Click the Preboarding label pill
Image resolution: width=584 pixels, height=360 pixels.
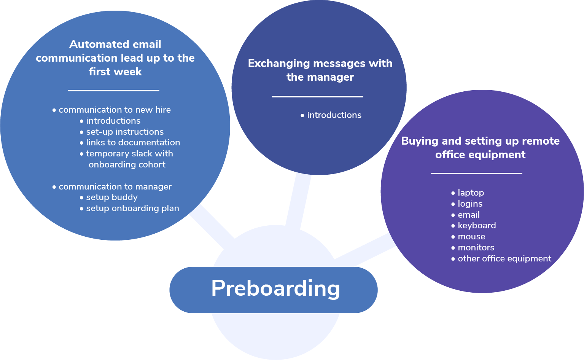(273, 290)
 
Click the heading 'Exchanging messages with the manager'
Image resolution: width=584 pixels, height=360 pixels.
(320, 70)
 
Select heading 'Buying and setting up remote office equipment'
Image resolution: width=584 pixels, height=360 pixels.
(480, 148)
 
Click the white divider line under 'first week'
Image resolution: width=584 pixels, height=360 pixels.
(113, 91)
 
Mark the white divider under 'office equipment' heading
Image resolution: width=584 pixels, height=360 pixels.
(476, 174)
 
